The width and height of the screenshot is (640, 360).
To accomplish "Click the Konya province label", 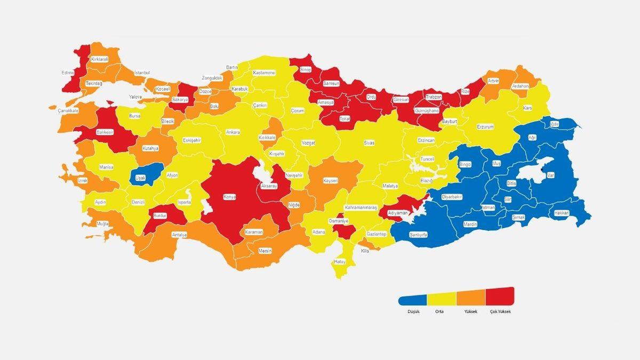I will click(x=230, y=197).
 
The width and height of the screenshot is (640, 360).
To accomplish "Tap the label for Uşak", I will click(x=141, y=178).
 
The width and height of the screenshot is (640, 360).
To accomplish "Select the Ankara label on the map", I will click(x=233, y=132).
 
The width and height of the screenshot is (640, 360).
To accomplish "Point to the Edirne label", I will click(x=68, y=73).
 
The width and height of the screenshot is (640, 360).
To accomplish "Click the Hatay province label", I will click(x=340, y=261).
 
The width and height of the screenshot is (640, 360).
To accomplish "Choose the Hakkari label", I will click(x=562, y=213).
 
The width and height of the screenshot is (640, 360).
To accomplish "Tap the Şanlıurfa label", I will click(x=418, y=235).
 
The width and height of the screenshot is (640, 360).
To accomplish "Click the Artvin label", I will click(x=493, y=81).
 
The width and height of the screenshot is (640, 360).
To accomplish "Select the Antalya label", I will click(x=180, y=235).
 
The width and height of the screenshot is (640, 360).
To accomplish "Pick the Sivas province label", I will click(x=369, y=143).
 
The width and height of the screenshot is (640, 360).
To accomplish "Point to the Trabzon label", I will click(x=434, y=97).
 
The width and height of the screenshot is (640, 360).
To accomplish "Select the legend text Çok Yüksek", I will click(x=500, y=311).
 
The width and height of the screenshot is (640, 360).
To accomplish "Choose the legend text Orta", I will click(x=439, y=311).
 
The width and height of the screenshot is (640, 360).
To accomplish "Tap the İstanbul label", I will click(x=142, y=73).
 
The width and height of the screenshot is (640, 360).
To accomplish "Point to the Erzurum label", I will click(x=485, y=127).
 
